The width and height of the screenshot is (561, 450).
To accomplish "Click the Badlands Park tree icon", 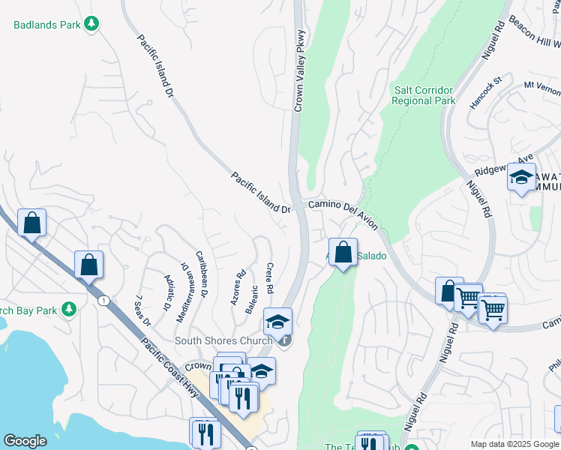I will pyautogui.click(x=91, y=25).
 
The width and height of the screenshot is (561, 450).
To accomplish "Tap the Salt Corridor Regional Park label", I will pyautogui.click(x=424, y=95).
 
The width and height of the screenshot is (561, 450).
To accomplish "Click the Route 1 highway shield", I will pyautogui.click(x=103, y=301).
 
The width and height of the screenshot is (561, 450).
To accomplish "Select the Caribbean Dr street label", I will pyautogui.click(x=200, y=273).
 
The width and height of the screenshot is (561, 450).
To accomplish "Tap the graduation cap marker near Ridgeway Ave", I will pyautogui.click(x=521, y=178).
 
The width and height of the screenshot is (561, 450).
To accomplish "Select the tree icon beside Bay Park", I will pyautogui.click(x=69, y=309).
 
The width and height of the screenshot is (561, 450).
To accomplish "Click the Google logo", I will pyautogui.click(x=25, y=441).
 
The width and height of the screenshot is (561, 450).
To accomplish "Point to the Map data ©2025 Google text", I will pyautogui.click(x=514, y=444).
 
